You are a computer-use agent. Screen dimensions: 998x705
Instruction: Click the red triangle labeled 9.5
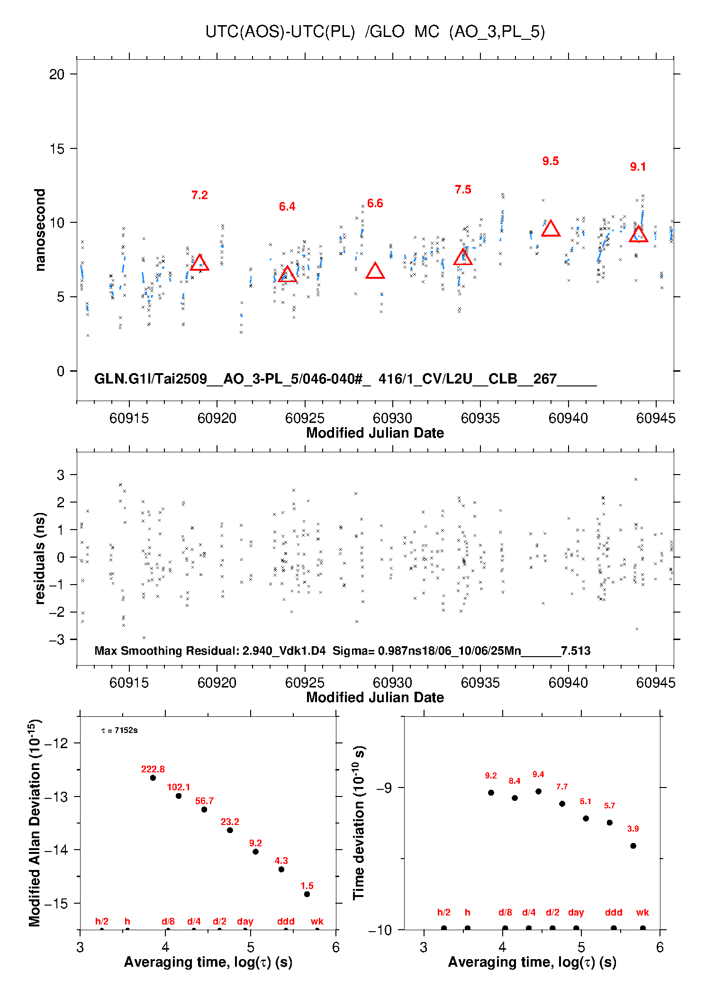click(x=551, y=229)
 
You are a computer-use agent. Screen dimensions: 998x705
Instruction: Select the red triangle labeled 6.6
click(x=375, y=271)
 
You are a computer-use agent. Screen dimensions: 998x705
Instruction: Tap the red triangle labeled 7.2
click(x=199, y=263)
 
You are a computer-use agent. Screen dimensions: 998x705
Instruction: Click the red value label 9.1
click(x=638, y=167)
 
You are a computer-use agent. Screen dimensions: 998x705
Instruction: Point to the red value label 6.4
click(x=287, y=207)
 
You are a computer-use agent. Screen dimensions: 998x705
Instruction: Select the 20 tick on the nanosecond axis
click(x=57, y=74)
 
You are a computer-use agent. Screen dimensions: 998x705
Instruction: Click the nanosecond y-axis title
click(x=40, y=230)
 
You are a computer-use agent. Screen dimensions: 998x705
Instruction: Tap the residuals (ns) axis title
click(x=40, y=558)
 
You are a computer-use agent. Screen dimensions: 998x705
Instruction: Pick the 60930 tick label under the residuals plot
click(x=392, y=683)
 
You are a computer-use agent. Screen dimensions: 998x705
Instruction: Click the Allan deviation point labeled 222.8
click(x=153, y=778)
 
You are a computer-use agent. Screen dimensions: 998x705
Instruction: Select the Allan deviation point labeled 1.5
click(x=307, y=894)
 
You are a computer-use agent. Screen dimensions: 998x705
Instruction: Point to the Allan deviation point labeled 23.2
click(x=230, y=830)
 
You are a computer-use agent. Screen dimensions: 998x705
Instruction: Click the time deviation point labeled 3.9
click(x=633, y=846)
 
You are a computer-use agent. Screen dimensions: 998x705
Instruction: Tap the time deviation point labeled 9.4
click(x=538, y=791)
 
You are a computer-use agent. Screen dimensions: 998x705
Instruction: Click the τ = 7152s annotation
click(x=119, y=731)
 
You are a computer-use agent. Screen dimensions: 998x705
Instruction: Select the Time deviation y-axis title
click(x=359, y=823)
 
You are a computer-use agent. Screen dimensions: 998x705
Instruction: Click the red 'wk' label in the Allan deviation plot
click(x=317, y=921)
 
